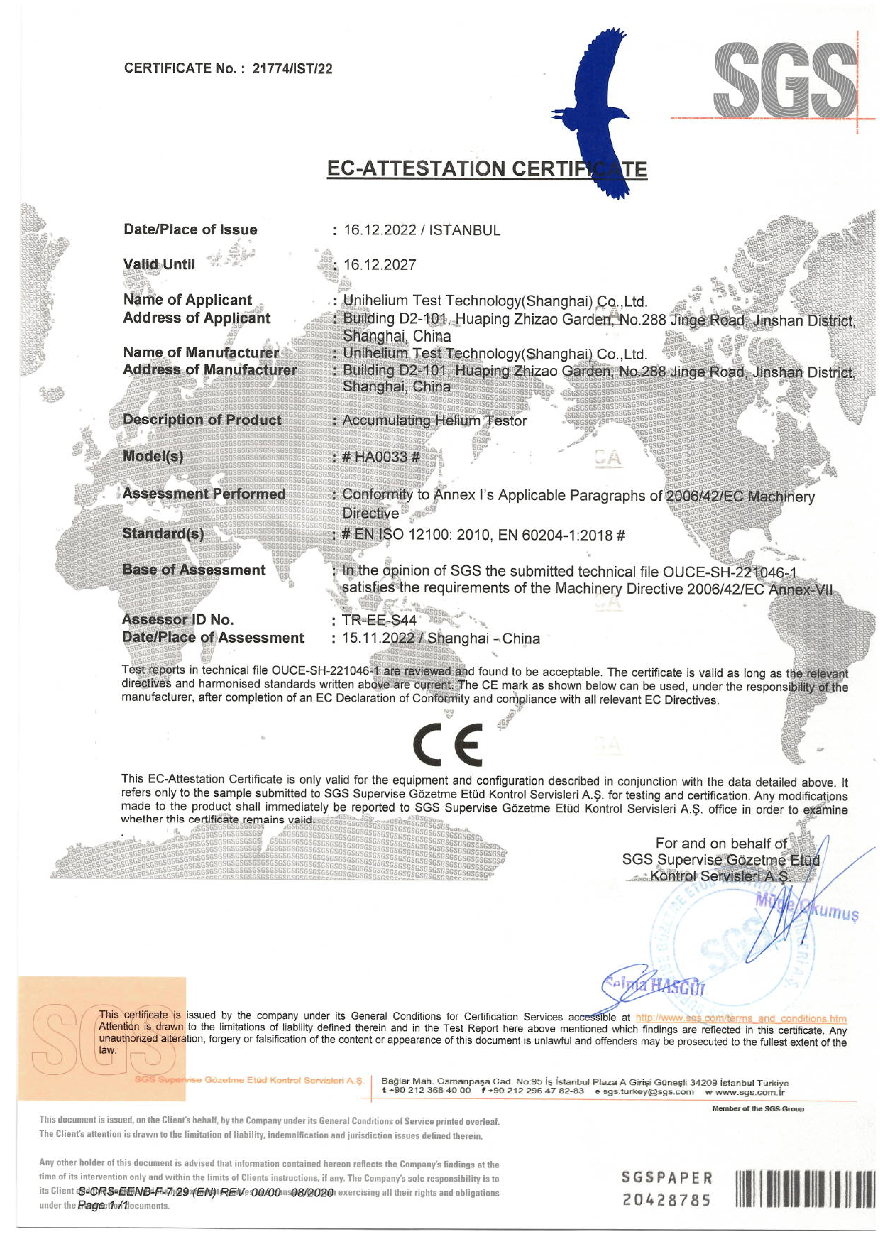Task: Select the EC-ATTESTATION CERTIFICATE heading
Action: coord(487,169)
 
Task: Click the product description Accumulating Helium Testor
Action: coord(434,421)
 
